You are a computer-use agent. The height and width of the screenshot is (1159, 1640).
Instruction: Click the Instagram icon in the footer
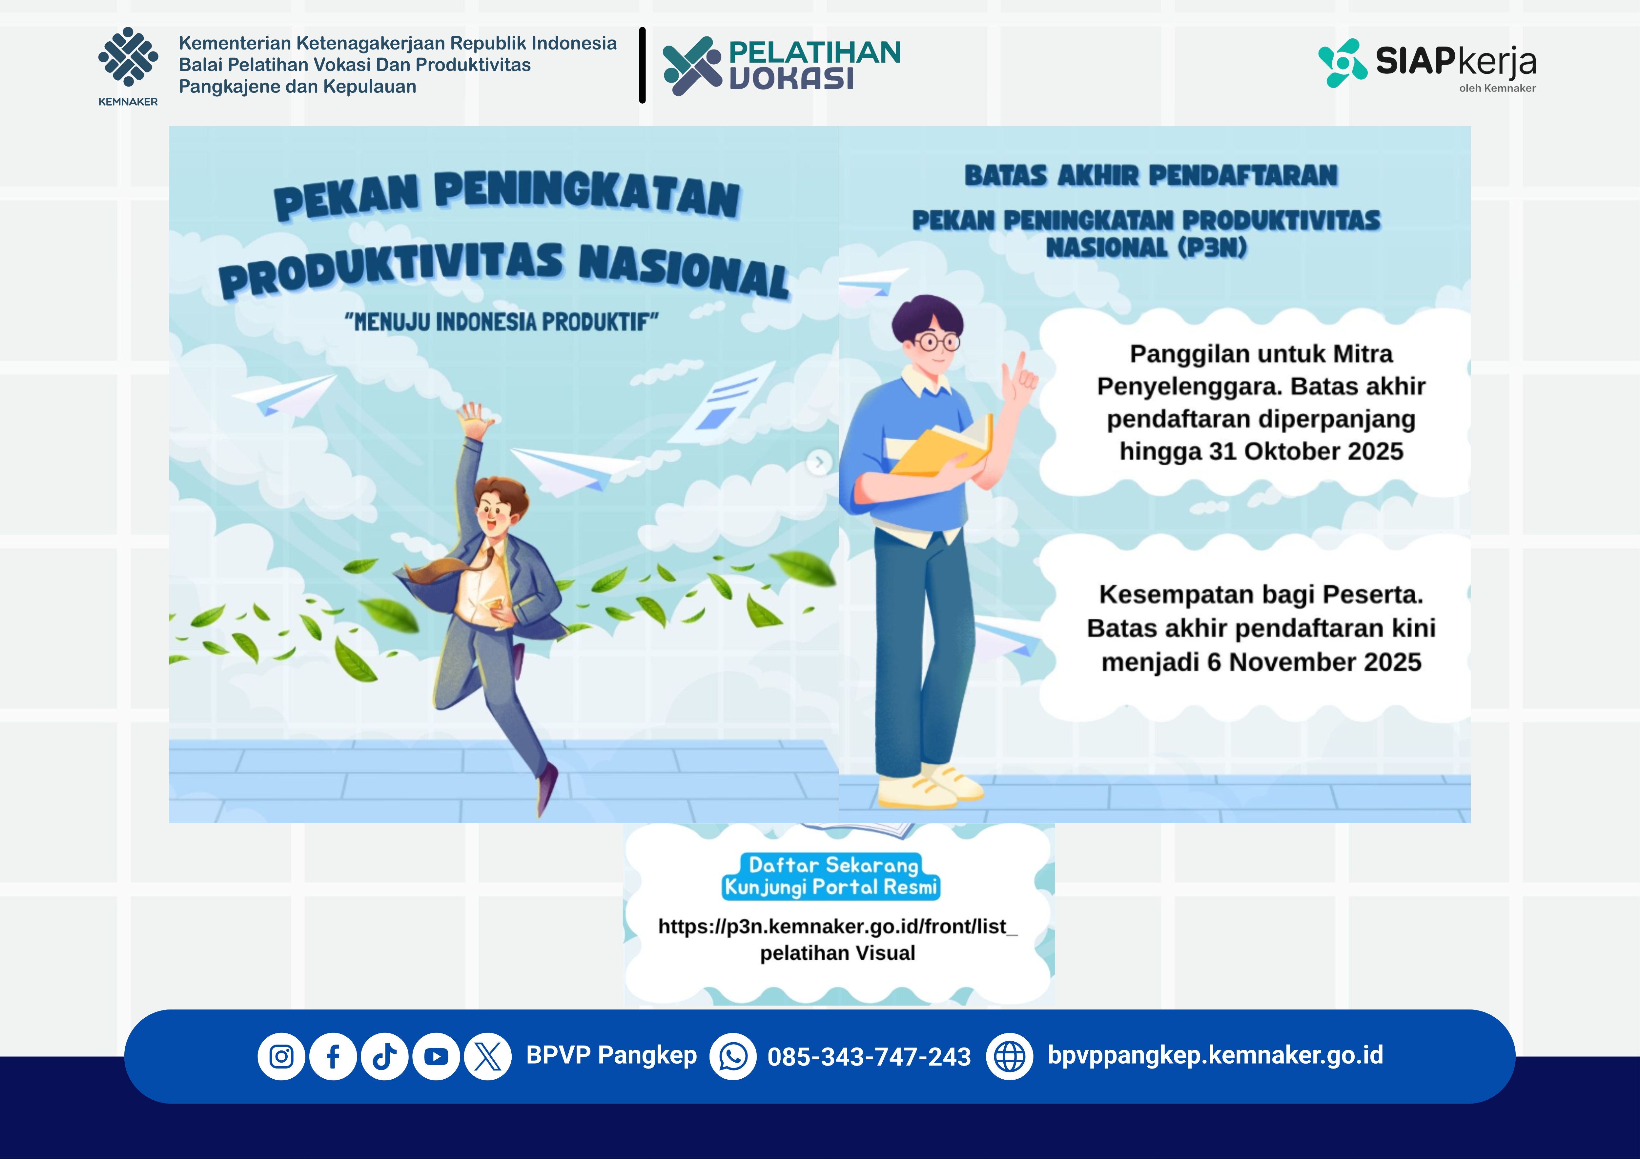(x=281, y=1056)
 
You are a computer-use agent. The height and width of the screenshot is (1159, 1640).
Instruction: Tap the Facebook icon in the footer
(x=333, y=1056)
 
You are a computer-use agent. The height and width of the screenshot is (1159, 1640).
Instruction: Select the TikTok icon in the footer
(x=384, y=1056)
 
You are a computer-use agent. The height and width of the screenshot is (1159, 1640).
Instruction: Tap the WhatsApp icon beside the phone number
(x=733, y=1056)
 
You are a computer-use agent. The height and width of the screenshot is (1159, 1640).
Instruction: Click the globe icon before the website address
(x=1009, y=1056)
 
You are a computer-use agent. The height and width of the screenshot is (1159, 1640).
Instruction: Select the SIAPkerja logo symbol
(x=1343, y=63)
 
